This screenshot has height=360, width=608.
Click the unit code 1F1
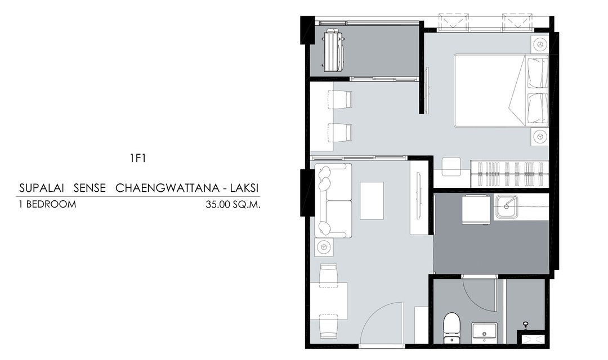click(138, 158)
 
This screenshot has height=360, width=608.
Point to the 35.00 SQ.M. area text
click(233, 204)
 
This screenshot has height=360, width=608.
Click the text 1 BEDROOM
click(47, 204)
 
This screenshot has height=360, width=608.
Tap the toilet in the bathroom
click(451, 327)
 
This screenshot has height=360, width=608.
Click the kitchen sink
click(507, 206)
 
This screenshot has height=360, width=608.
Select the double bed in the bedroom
click(501, 91)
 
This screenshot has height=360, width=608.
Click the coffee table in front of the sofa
click(372, 201)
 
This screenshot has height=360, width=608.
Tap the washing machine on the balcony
click(333, 51)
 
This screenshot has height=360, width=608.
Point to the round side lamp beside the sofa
click(324, 247)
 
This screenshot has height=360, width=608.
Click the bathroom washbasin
click(484, 332)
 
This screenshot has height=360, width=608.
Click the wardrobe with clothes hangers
click(509, 170)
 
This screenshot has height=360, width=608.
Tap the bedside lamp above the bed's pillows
click(539, 44)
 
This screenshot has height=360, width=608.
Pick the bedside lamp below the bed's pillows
click(539, 136)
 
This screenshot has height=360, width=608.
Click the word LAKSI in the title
click(244, 188)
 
